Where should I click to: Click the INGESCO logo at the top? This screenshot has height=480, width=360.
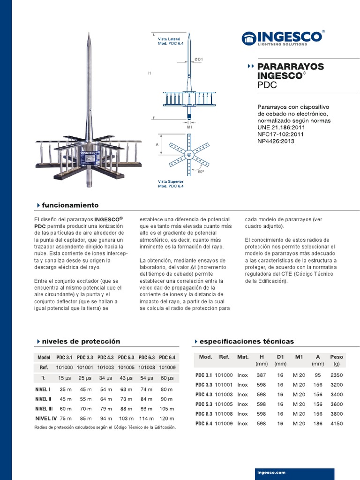click(283, 38)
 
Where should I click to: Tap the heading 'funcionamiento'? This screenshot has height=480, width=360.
click(70, 205)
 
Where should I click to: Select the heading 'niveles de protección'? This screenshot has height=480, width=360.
click(81, 341)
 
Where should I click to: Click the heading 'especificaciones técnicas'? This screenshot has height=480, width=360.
click(246, 341)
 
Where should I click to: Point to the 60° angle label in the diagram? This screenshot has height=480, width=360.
click(201, 172)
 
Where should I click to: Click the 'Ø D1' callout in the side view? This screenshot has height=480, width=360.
click(198, 59)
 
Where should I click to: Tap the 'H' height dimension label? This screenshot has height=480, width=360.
click(149, 73)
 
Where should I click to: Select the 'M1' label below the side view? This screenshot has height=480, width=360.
click(189, 127)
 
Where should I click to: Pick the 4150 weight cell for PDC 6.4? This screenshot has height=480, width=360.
click(336, 423)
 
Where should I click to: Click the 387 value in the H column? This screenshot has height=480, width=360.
click(261, 375)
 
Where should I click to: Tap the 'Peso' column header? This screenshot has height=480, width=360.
click(336, 357)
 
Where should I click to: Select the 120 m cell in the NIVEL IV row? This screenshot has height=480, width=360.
click(167, 418)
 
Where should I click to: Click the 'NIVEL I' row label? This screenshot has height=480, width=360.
click(43, 389)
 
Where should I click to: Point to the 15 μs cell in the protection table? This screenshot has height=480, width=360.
click(64, 378)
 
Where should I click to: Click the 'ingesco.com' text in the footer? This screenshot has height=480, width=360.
click(271, 473)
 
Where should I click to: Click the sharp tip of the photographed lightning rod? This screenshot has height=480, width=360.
click(89, 33)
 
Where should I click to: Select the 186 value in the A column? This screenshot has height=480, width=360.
click(317, 423)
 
